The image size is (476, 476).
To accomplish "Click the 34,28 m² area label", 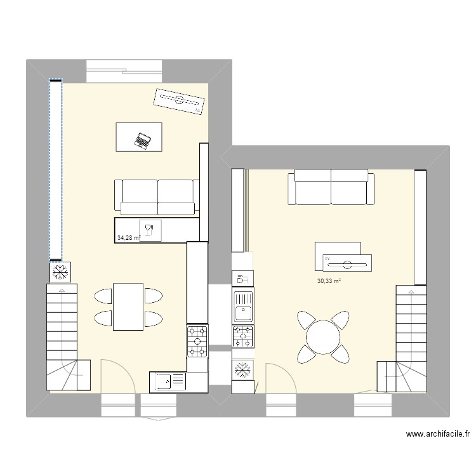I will point(128,239).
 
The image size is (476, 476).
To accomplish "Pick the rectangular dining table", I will point(128,307).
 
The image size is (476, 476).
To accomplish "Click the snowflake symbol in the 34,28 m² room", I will point(62,272).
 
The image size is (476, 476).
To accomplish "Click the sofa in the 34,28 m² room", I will point(155,196).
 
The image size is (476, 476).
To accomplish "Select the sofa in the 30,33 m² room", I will point(330,188).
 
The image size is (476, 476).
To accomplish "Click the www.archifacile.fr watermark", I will point(437,435).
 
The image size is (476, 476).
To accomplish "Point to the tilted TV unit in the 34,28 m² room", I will point(180,101).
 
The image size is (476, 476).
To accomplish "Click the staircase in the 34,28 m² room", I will point(67,336).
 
